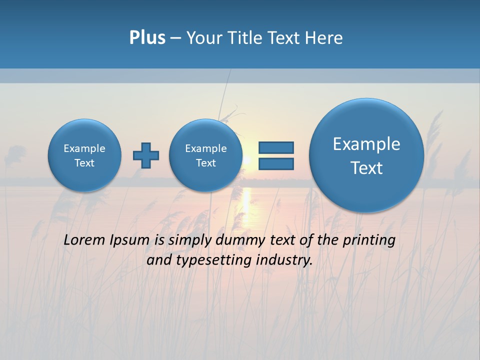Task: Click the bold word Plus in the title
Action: (147, 38)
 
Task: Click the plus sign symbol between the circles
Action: (146, 155)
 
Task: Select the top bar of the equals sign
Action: (276, 147)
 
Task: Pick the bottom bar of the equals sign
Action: (276, 163)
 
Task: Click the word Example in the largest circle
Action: (366, 144)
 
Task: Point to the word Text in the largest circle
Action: (366, 168)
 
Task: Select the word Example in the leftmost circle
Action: (84, 148)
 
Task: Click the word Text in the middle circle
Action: (205, 163)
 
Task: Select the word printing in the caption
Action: (369, 240)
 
